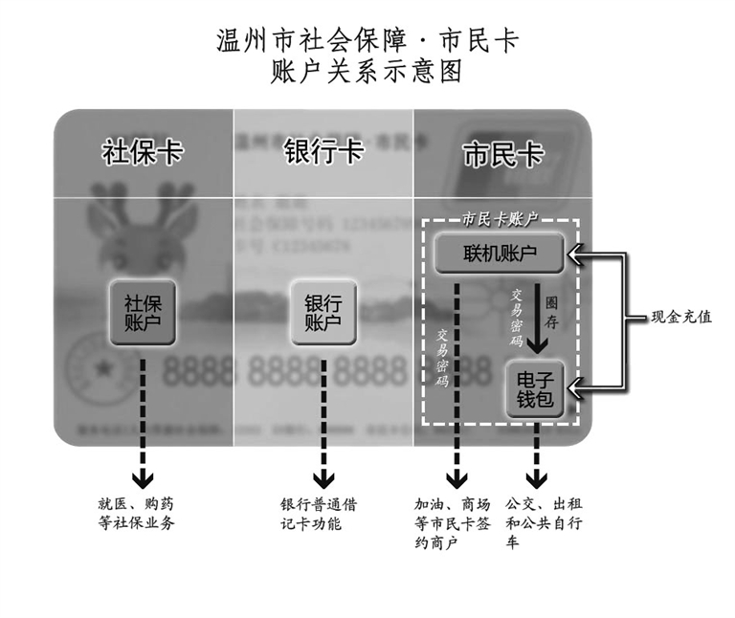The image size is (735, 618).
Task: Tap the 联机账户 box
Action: (x=500, y=254)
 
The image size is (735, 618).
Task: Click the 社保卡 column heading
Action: (x=143, y=154)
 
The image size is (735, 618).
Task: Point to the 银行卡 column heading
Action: (x=323, y=154)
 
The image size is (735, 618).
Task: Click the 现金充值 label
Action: (x=681, y=317)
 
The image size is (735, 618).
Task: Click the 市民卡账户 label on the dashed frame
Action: (x=500, y=219)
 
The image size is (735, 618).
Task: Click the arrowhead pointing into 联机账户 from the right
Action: (x=575, y=254)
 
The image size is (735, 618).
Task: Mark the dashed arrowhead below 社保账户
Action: (x=143, y=475)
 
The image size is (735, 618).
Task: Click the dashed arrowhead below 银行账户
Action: (x=323, y=475)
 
